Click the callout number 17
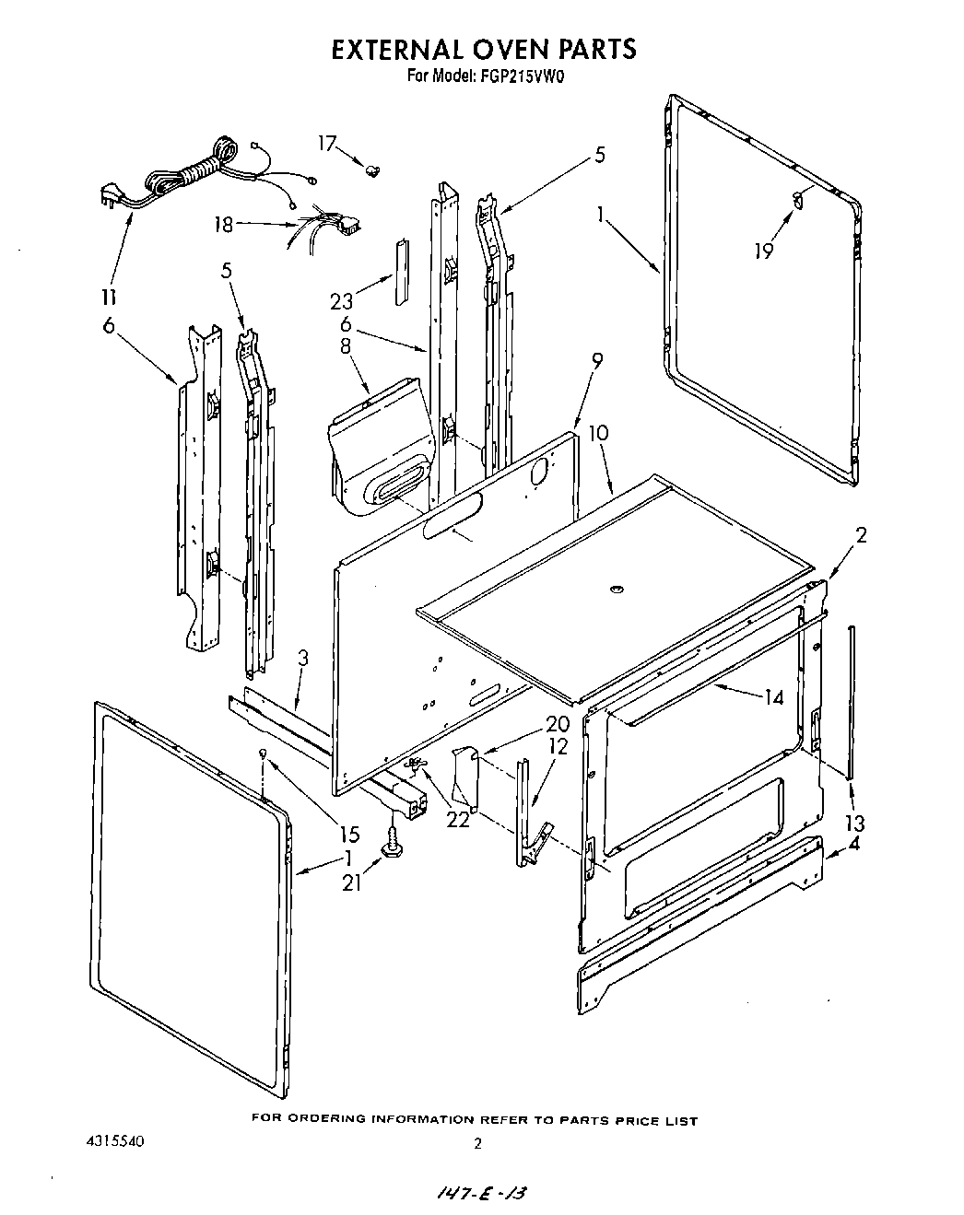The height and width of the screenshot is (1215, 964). click(x=327, y=143)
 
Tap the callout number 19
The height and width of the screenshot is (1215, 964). click(x=763, y=250)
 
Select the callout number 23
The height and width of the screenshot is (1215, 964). click(x=341, y=300)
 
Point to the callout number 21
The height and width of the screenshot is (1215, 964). click(x=350, y=882)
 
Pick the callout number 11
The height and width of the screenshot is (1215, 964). click(x=109, y=298)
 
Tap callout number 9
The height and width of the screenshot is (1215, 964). click(x=597, y=363)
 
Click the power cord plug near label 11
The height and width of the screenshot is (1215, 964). click(x=109, y=197)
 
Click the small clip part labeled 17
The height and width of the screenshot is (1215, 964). click(x=373, y=169)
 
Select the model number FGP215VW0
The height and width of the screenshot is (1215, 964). click(x=522, y=77)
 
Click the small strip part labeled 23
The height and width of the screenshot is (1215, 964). click(x=400, y=273)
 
